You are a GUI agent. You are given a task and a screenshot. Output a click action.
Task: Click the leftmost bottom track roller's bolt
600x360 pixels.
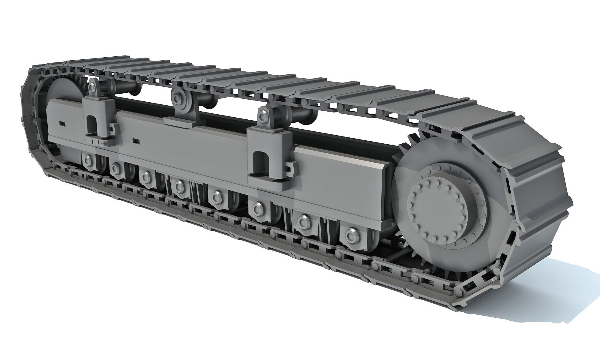coord(88,161)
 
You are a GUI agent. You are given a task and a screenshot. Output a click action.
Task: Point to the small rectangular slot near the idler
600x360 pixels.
coord(62,123)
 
